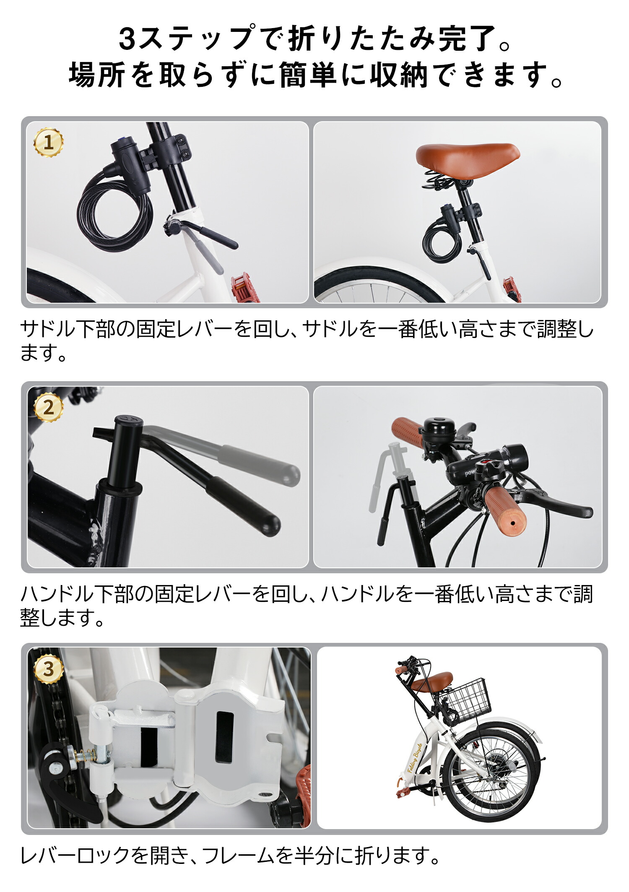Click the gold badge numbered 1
click(x=48, y=143)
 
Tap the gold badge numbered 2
click(x=48, y=407)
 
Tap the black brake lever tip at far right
click(x=585, y=512)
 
